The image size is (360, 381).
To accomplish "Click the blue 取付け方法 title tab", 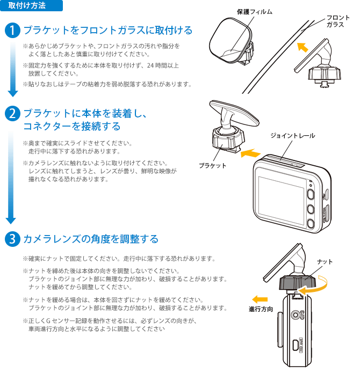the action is (x=31, y=5).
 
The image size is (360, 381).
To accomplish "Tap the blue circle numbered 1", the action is (x=12, y=31).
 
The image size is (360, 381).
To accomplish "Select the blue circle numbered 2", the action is (x=12, y=113).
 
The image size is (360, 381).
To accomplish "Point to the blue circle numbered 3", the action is (x=12, y=239).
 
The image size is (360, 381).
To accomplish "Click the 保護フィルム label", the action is (x=255, y=12).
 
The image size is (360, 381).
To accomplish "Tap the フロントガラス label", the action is (x=338, y=21).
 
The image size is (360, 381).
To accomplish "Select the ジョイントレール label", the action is (x=293, y=136).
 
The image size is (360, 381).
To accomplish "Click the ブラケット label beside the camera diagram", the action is (x=213, y=165).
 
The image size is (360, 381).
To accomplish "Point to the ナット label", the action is (x=325, y=262).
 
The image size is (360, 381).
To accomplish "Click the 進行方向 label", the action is (x=261, y=309).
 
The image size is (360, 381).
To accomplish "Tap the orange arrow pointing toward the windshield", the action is (x=303, y=47).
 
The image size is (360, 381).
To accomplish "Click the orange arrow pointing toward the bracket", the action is (x=250, y=153).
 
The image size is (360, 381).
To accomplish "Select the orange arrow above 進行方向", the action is (x=260, y=299).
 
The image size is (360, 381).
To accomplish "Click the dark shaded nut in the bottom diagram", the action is (x=298, y=282).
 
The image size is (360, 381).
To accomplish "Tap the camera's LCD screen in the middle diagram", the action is (x=281, y=201).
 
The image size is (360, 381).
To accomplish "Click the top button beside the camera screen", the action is (x=311, y=194).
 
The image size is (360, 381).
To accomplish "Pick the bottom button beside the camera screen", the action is (x=311, y=223).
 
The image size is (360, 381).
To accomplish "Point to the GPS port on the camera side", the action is (x=296, y=315).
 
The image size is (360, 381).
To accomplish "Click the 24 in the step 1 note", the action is (x=150, y=65).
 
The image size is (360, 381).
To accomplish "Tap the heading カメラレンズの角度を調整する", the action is (x=91, y=239).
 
